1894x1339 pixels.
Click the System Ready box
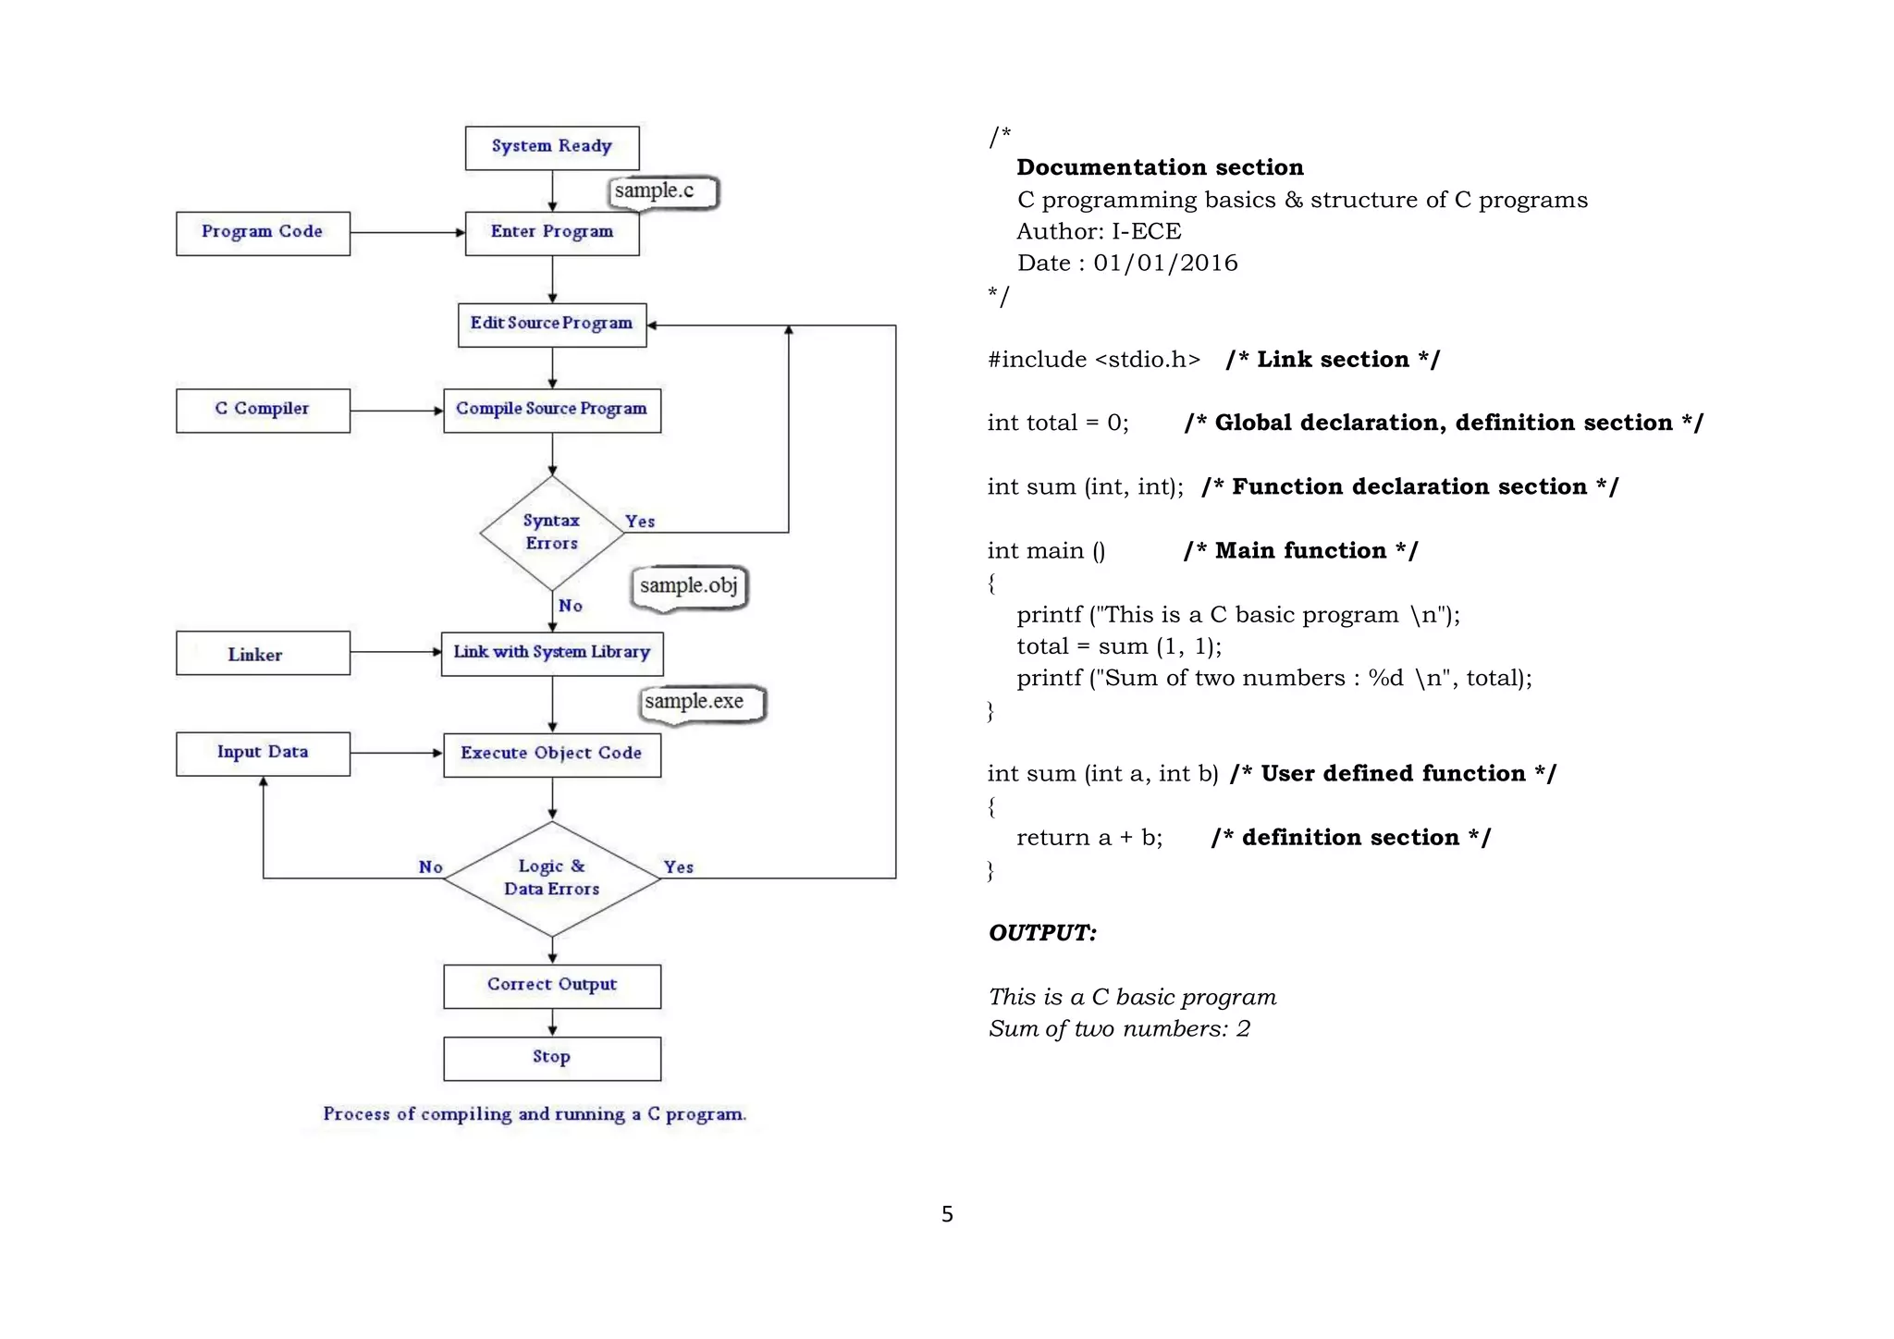coord(551,147)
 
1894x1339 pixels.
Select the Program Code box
coord(263,232)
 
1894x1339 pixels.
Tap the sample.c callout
coord(661,191)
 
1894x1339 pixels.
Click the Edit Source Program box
coord(551,324)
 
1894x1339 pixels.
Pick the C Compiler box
coord(263,410)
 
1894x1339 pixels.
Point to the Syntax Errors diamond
coord(551,532)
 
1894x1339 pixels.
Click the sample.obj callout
coord(689,586)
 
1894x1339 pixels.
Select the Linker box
coord(263,654)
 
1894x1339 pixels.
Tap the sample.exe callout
coord(701,703)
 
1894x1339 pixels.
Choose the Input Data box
coord(263,753)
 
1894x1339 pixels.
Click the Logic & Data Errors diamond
coord(551,878)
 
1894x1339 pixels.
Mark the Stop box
coord(551,1057)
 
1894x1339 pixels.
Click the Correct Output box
coord(551,985)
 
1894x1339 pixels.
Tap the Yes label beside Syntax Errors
coord(640,522)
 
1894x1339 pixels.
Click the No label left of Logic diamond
coord(430,867)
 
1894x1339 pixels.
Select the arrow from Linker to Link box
coord(396,652)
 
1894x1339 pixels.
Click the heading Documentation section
coord(1160,167)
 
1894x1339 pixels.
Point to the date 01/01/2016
coord(1165,264)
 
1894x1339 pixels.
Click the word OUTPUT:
coord(1042,932)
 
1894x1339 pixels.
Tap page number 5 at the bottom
coord(947,1213)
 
